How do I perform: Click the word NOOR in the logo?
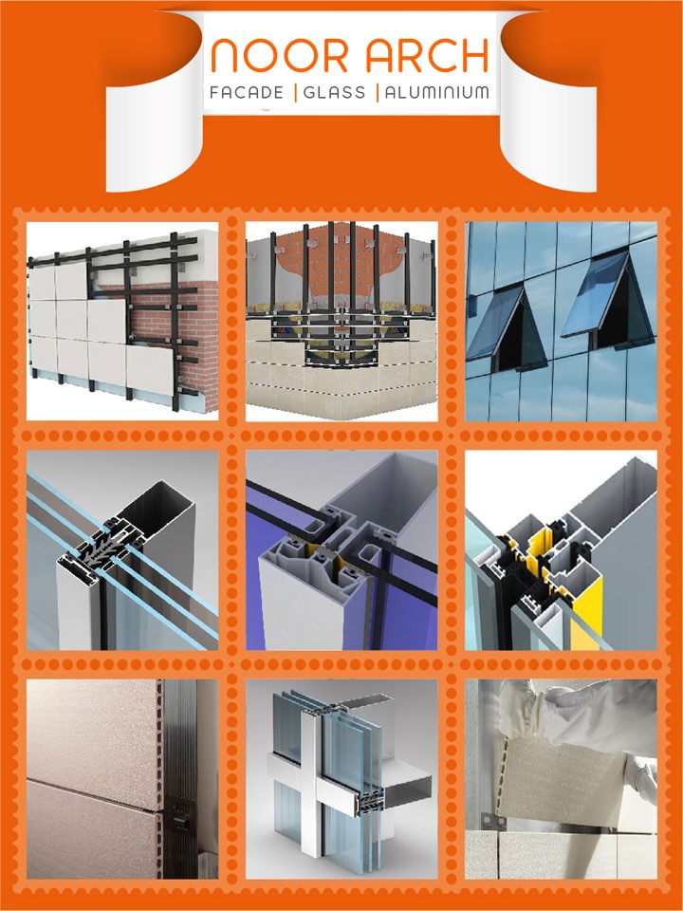click(x=279, y=56)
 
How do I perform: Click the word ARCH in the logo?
click(x=427, y=56)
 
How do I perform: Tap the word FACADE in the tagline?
click(x=247, y=92)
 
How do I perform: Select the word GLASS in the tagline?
click(x=335, y=92)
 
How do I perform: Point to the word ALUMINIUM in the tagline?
click(x=437, y=92)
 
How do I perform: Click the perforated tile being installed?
click(x=561, y=778)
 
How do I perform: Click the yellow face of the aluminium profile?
click(x=586, y=616)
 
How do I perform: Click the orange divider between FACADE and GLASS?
click(x=296, y=93)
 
